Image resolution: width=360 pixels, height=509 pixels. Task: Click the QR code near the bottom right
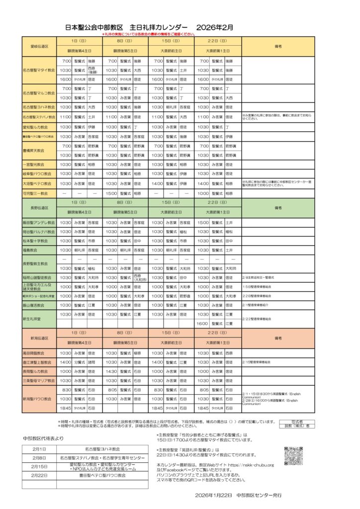click(293, 456)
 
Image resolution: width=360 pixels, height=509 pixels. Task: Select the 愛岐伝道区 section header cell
click(39, 46)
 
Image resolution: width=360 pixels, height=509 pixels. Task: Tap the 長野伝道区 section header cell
click(39, 207)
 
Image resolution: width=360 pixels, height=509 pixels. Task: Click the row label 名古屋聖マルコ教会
click(39, 93)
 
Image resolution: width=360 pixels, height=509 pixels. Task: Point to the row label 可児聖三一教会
click(39, 193)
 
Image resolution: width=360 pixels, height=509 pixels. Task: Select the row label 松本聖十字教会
click(39, 240)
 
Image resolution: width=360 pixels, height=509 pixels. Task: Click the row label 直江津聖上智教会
click(39, 362)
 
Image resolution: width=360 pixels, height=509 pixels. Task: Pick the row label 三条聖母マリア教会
click(39, 380)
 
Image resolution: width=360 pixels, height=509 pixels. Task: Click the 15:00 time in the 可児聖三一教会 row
click(111, 193)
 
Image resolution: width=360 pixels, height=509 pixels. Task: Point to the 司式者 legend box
click(296, 421)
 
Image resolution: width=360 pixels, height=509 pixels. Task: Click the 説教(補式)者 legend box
click(296, 426)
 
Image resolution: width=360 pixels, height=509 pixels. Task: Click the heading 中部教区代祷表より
click(43, 438)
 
